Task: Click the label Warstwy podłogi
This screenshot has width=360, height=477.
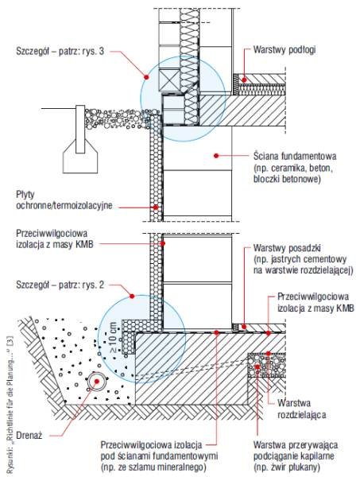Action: click(285, 49)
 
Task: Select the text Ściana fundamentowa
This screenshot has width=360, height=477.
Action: click(295, 157)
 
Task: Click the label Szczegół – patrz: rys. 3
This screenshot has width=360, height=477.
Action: click(60, 51)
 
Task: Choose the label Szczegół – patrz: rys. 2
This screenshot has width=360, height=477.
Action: click(60, 285)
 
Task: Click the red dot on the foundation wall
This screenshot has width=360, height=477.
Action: click(216, 156)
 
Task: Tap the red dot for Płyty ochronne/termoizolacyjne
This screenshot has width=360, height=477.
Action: click(156, 207)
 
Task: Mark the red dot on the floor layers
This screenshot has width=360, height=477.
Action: click(243, 80)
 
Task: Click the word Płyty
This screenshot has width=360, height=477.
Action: click(25, 195)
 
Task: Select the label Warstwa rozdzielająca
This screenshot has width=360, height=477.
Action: click(302, 409)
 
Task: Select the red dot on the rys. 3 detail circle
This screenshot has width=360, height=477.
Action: click(146, 77)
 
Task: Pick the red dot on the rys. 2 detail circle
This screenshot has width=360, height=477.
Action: click(132, 296)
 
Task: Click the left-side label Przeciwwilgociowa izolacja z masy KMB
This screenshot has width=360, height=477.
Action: click(55, 238)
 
